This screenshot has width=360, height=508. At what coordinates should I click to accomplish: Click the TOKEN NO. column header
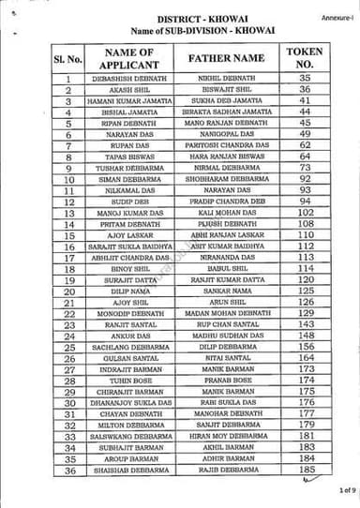pyautogui.click(x=304, y=57)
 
